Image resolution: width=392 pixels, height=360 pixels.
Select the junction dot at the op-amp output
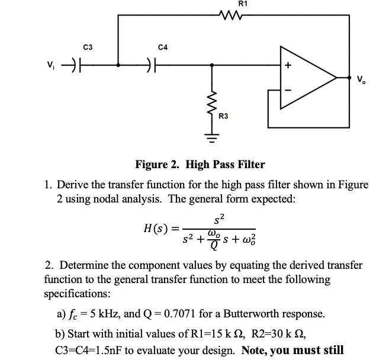[x=337, y=77]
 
